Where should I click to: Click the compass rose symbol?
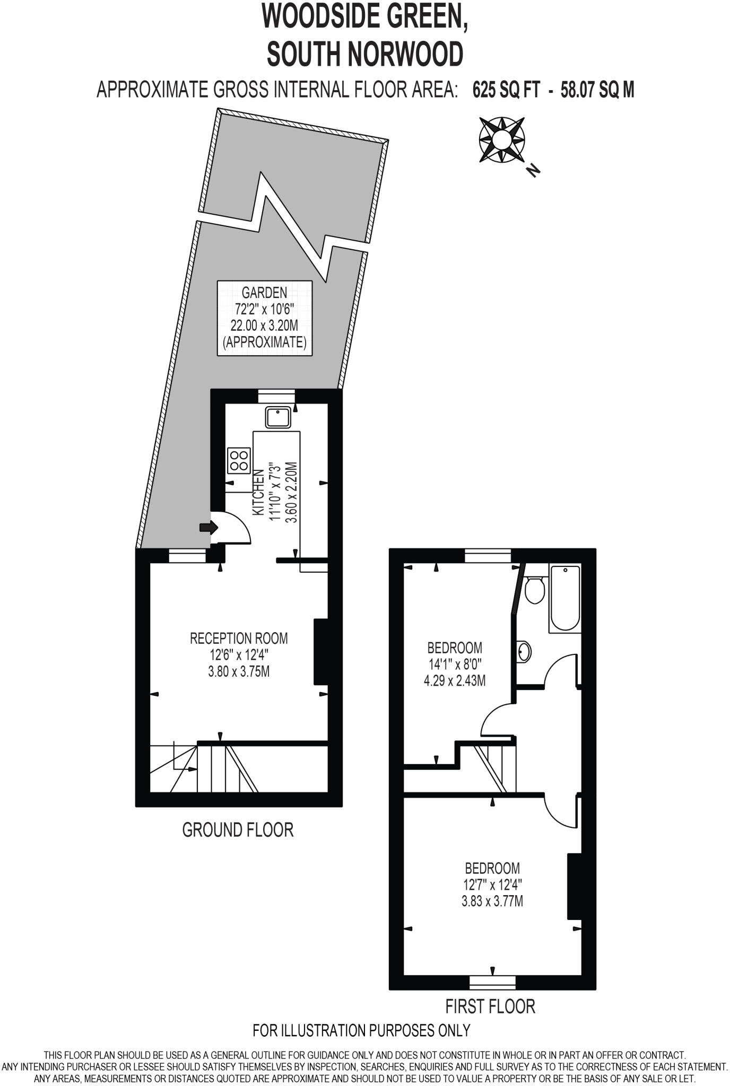point(501,139)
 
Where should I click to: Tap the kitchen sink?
point(278,417)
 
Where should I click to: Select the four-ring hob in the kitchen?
point(239,460)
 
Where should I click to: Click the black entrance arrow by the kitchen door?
point(208,527)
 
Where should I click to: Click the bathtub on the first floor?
point(565,598)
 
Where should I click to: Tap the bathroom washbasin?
point(524,651)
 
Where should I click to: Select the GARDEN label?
point(264,292)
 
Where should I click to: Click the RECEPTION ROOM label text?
point(239,638)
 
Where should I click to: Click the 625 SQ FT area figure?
point(506,90)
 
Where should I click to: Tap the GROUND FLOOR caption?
point(238,829)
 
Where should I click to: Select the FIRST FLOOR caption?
point(490,1006)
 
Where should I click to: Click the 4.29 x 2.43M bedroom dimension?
point(455,680)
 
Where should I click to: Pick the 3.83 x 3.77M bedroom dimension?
point(492,901)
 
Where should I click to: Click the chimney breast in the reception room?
point(321,652)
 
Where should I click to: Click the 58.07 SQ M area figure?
point(597,90)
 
